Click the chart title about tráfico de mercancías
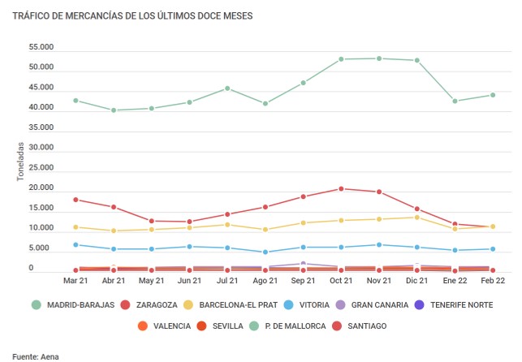coord(132,16)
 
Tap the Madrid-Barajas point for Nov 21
coord(378,58)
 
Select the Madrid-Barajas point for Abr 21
coord(114,110)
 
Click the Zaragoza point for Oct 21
coord(341,189)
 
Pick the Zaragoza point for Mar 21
coord(75,200)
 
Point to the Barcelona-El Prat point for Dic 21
coord(416,218)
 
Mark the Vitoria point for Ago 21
coord(265,252)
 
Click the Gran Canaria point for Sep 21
coord(303,264)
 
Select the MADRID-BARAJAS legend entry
coord(72,305)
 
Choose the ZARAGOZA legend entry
coord(153,305)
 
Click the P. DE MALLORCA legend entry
coord(300,325)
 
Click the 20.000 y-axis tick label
coord(41,188)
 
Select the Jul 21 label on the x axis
coord(227,280)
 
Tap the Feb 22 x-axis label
coord(492,280)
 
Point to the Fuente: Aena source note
coord(36,356)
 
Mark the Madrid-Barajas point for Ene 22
coord(455,101)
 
